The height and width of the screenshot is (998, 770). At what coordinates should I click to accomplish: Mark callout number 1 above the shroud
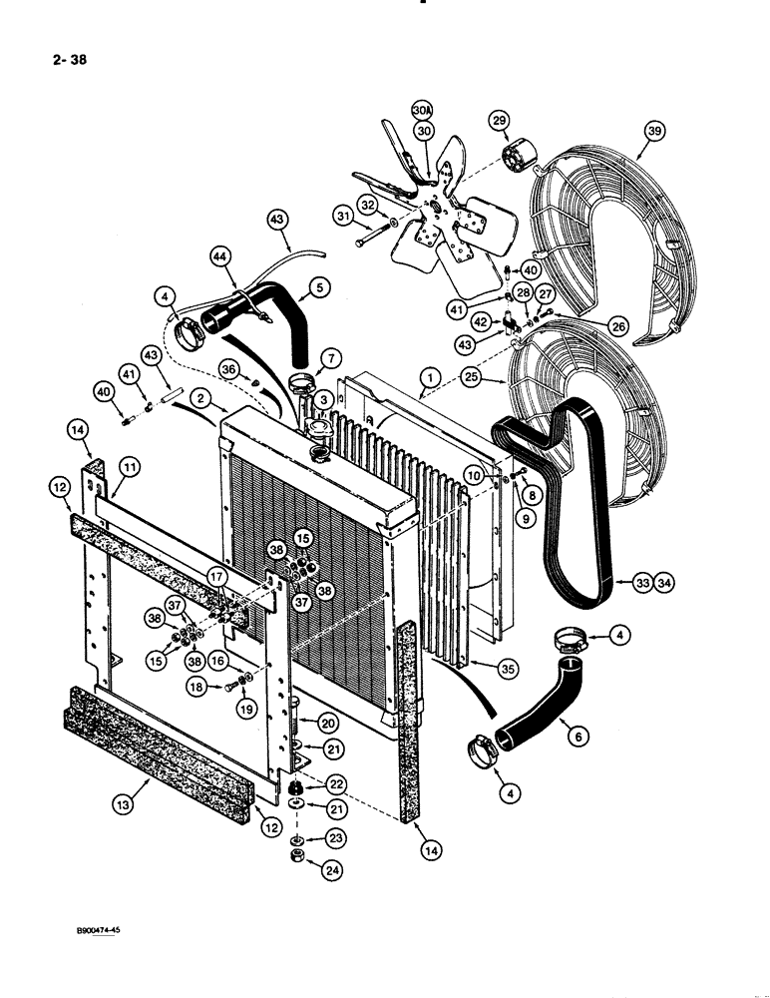coord(429,378)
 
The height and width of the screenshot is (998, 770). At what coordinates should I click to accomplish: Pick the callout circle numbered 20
coord(328,723)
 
